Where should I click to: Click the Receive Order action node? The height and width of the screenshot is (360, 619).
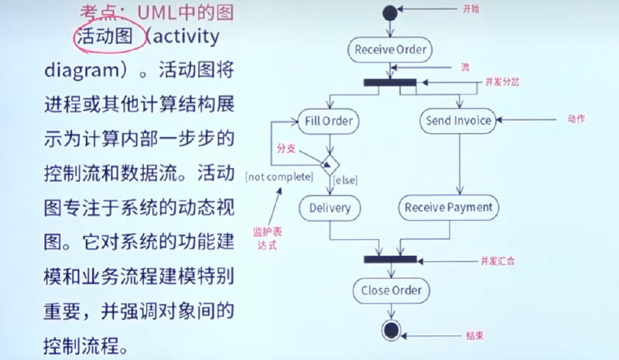click(x=390, y=50)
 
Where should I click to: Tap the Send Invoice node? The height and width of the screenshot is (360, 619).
click(x=460, y=121)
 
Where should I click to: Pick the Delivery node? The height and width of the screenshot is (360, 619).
click(x=330, y=207)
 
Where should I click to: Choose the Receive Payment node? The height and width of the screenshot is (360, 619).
click(x=449, y=207)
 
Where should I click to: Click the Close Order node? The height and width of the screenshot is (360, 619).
click(x=391, y=290)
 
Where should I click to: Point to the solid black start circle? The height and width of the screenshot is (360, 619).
click(x=390, y=13)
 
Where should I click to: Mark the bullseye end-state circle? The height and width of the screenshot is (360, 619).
click(x=391, y=330)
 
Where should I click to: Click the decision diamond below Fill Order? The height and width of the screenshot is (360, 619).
click(x=331, y=163)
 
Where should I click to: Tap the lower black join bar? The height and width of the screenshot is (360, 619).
click(x=391, y=259)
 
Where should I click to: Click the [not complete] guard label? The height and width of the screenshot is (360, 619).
click(x=279, y=177)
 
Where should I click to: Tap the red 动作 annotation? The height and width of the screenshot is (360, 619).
click(x=575, y=119)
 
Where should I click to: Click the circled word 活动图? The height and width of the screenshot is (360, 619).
click(x=108, y=37)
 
